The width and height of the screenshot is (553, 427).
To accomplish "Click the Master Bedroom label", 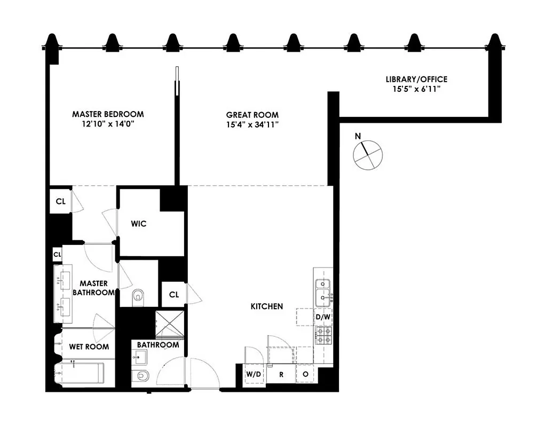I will [108, 114].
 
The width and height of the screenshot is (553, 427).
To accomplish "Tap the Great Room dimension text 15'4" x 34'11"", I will [252, 125].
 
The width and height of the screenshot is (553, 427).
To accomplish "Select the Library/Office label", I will [416, 80].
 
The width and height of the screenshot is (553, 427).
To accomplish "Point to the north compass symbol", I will [368, 154].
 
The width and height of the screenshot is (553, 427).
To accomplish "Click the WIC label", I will [138, 224].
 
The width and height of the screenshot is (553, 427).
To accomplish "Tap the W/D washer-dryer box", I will [254, 374].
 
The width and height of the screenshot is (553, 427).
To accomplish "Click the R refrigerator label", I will [281, 374].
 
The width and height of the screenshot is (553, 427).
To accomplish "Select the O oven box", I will [305, 374].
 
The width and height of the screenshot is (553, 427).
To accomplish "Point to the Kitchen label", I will [267, 306].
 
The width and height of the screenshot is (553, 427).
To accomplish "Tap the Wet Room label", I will [89, 346].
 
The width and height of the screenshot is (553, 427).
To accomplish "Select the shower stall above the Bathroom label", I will [169, 323].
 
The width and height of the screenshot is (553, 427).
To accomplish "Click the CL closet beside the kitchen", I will [174, 295].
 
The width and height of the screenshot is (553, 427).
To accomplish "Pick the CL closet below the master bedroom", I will [61, 201].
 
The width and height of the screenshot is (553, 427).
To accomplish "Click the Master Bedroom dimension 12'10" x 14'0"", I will [108, 124].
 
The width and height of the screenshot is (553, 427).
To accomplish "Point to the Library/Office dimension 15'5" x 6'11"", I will [416, 90].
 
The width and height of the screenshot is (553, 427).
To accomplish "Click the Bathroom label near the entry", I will [158, 345].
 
